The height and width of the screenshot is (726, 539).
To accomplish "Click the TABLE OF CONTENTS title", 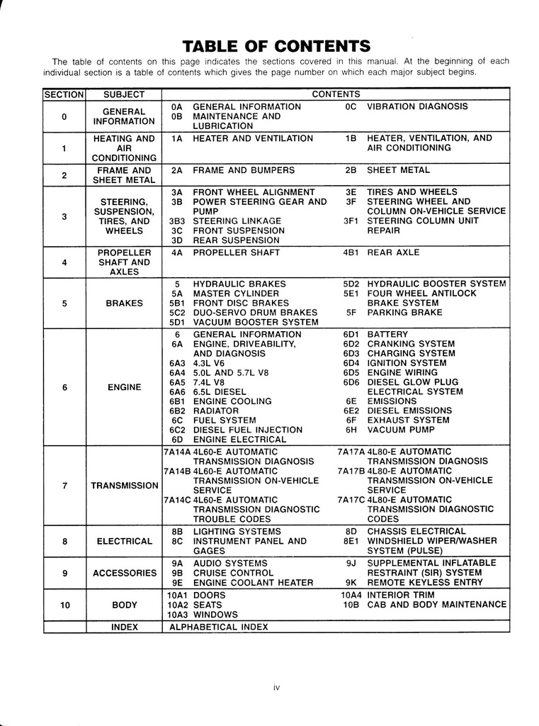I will [x=276, y=47].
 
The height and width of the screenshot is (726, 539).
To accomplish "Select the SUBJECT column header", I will [x=123, y=94].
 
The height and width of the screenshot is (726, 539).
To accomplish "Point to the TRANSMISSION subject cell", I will [x=124, y=486].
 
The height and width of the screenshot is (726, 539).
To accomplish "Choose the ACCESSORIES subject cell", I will [x=124, y=573].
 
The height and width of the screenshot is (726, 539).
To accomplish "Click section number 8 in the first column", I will [x=64, y=542].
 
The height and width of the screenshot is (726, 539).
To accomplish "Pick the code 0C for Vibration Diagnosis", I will [x=351, y=106].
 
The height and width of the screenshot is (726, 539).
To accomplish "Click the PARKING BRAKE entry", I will [x=404, y=313].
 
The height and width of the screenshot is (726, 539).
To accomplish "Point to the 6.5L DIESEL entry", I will [x=220, y=391].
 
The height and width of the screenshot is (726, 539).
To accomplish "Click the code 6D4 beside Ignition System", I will [x=351, y=363].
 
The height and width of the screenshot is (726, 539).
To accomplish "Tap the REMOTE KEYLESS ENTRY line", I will [x=425, y=583].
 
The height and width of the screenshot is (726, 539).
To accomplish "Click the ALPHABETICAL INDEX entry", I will [x=219, y=627].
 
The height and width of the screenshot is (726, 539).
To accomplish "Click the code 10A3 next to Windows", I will [x=176, y=615].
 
